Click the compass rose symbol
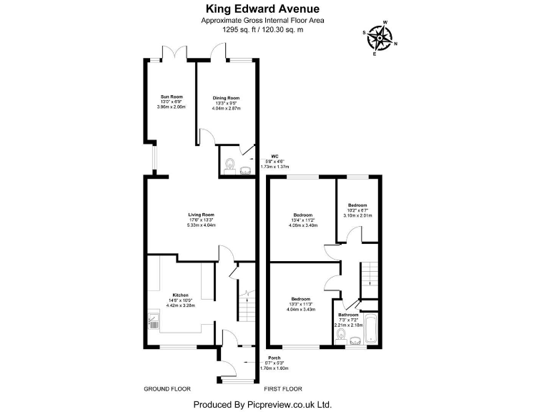tap(378, 39)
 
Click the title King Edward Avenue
tap(262, 9)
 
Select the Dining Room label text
tap(226, 98)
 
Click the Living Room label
tap(201, 215)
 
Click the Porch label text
tap(274, 358)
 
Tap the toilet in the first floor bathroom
tap(342, 333)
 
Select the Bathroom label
tap(348, 315)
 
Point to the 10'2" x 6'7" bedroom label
tap(357, 205)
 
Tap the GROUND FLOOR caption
tap(167, 389)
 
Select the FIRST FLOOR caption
tap(283, 389)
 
